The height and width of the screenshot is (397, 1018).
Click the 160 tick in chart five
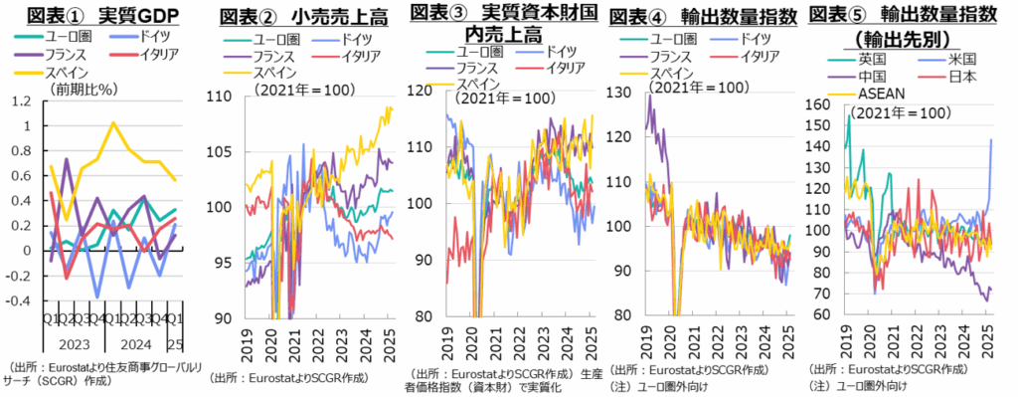(822, 104)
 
